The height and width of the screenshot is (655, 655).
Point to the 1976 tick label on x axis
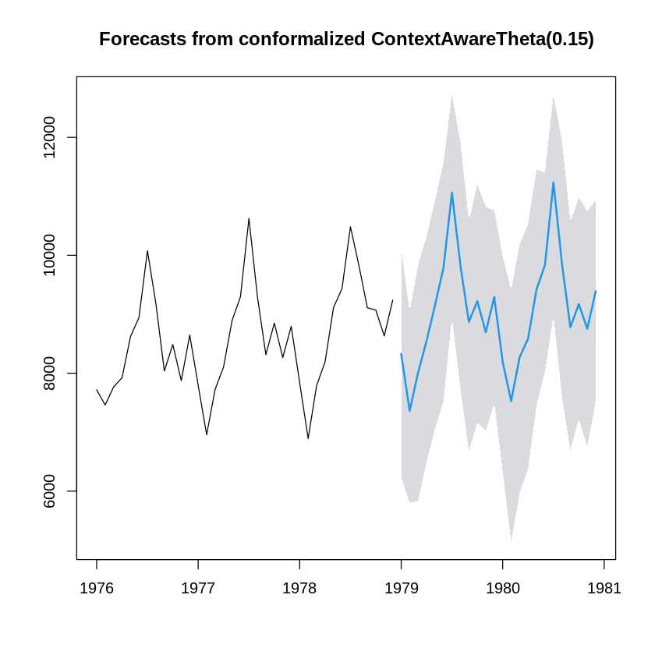[x=97, y=588]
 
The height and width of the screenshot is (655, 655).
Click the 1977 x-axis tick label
[x=198, y=588]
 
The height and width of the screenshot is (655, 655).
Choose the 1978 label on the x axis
[x=299, y=588]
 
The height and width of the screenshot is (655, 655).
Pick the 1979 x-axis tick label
[x=401, y=588]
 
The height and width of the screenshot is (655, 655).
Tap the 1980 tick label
[x=502, y=588]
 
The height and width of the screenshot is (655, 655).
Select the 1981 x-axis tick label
[x=604, y=588]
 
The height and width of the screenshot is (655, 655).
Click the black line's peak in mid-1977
[x=249, y=218]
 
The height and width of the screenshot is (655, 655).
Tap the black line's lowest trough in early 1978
[x=308, y=438]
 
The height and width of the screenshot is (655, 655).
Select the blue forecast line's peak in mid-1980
[x=553, y=182]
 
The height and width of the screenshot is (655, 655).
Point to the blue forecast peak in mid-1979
[x=451, y=193]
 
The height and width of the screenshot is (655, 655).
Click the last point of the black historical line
[x=392, y=299]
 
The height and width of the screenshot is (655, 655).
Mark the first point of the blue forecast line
[x=401, y=353]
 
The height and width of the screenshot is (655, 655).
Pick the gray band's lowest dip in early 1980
[x=511, y=540]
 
